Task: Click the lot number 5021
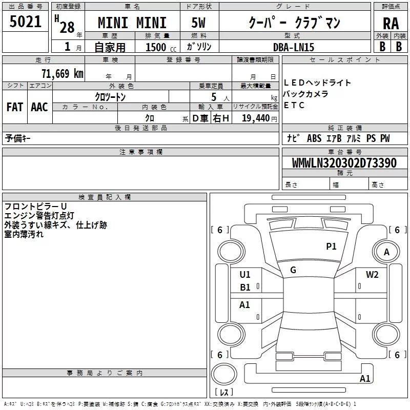coord(25,22)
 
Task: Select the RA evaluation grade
coord(391,23)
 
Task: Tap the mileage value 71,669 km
coord(62,73)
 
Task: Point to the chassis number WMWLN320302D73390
coord(344,163)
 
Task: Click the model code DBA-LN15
coord(294,47)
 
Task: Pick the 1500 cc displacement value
coord(156,47)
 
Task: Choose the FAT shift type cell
coord(15,107)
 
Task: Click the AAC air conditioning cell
coord(39,107)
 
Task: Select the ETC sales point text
coord(294,106)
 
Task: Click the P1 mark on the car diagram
coord(331,247)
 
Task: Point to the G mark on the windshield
coord(293,270)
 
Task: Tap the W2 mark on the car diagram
coord(372,275)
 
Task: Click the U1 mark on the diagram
coord(245,275)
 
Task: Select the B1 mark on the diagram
coord(245,288)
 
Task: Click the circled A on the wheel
coord(387,252)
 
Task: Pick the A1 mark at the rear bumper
coord(365,379)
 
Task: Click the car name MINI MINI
coord(132,23)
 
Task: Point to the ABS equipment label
coord(314,138)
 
